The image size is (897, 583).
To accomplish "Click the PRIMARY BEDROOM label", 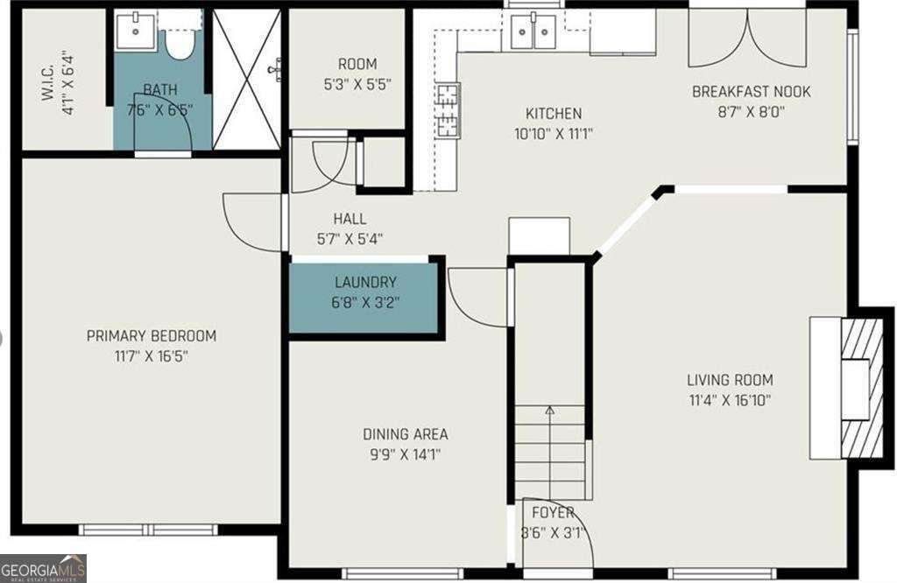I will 151,336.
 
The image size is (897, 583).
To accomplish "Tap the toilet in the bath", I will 180,40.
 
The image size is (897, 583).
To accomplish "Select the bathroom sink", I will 137,33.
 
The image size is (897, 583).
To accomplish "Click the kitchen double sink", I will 533,33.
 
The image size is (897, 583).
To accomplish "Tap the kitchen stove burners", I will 448,109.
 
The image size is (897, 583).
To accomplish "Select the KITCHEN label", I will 553,114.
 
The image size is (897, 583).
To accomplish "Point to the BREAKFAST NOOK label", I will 751,92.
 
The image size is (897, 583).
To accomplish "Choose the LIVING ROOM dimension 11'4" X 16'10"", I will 729,401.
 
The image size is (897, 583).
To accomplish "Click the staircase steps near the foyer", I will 549,451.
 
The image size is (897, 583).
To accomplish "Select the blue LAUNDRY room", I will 364,298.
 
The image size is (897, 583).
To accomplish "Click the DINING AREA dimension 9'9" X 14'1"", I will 405,454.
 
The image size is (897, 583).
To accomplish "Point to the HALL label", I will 350,219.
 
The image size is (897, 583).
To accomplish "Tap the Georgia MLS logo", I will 43,568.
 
